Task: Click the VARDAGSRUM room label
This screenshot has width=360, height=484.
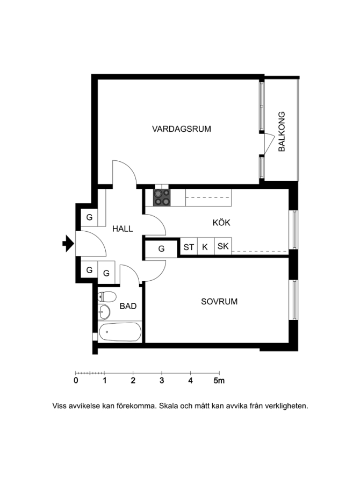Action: pos(182,129)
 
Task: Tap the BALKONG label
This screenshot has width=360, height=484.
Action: pos(282,132)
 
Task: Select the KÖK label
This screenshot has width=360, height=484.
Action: pos(221,222)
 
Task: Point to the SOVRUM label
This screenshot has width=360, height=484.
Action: pos(219,301)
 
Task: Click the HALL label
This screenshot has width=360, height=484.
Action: pos(123,229)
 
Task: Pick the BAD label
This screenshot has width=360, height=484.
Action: pos(128,306)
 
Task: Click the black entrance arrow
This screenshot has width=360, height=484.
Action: pos(68,244)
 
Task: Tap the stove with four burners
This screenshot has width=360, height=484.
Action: pos(162,197)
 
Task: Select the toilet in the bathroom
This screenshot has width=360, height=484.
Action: pos(107,297)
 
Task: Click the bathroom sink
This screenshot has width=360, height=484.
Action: pos(104,312)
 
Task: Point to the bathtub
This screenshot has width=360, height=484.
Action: pos(120,332)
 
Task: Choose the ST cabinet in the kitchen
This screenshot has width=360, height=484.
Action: pos(189,247)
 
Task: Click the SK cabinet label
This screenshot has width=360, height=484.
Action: pos(223,246)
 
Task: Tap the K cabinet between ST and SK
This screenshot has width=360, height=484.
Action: pos(205,247)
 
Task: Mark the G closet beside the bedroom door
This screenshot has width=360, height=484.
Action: pos(161,249)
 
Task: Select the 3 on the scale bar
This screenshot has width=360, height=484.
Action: pos(162,381)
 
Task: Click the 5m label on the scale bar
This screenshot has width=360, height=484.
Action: pos(219,381)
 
